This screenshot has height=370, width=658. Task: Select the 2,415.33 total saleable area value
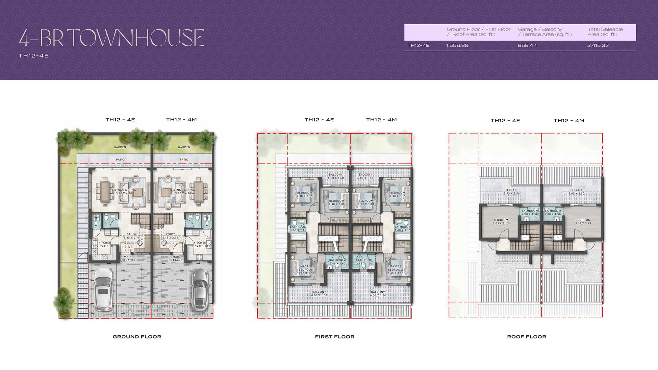(598, 45)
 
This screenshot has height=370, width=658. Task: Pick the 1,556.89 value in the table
(457, 45)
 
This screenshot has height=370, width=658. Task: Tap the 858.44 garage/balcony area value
(527, 45)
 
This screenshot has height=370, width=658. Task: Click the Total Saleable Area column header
(605, 32)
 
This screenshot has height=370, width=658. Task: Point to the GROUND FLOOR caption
(137, 336)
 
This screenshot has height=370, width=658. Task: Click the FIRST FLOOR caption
(335, 336)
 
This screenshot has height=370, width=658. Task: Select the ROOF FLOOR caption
(526, 336)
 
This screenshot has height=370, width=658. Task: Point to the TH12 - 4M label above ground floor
(181, 120)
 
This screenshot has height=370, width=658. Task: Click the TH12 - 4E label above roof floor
(505, 120)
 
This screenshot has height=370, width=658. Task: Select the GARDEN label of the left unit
(120, 147)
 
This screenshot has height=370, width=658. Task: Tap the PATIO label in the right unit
(184, 160)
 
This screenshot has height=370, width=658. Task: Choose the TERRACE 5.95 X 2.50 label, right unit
(576, 192)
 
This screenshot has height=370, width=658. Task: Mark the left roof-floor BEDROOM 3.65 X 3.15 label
(501, 222)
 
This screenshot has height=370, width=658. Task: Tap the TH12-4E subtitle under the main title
(34, 56)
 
